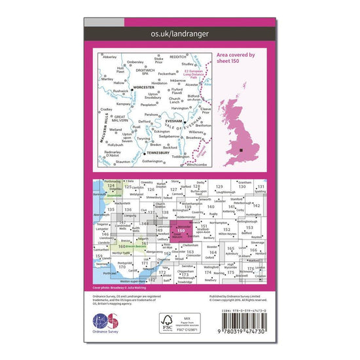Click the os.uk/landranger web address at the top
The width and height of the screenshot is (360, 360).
[179, 32]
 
